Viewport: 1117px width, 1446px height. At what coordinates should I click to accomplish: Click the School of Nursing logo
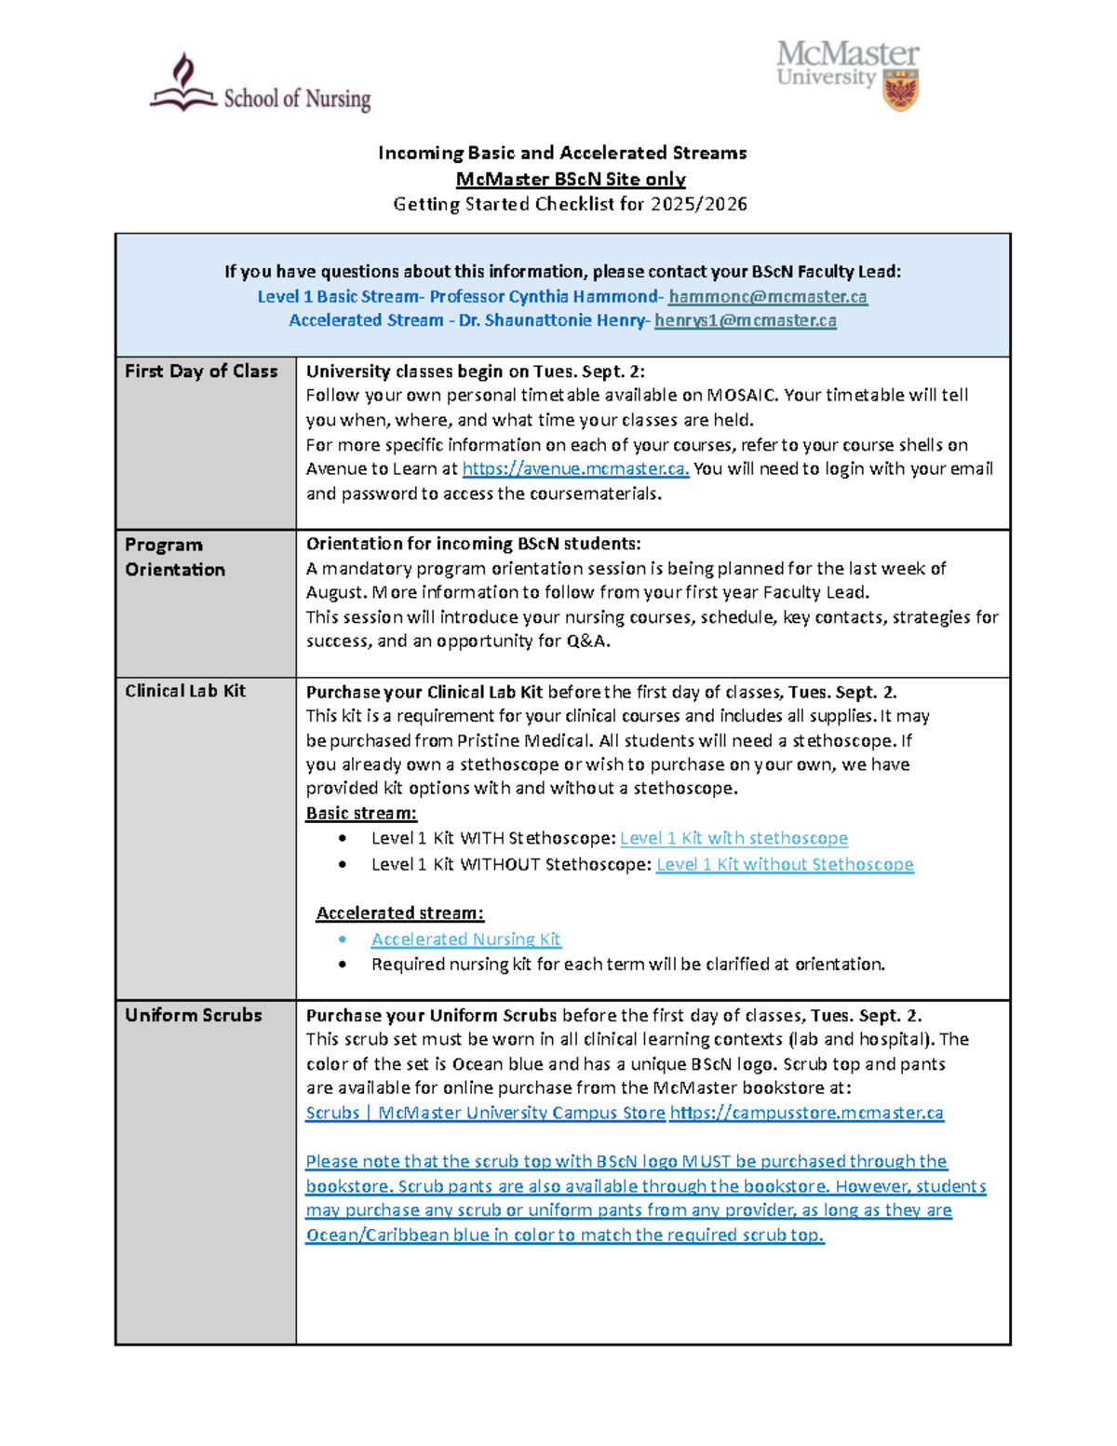click(260, 86)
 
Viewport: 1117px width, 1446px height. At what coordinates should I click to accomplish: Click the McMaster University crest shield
click(900, 90)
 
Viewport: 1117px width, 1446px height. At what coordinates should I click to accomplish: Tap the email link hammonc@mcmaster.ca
click(767, 297)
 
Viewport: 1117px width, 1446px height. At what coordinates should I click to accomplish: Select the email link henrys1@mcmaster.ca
click(745, 321)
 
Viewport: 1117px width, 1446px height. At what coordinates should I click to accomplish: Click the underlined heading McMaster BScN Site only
click(570, 180)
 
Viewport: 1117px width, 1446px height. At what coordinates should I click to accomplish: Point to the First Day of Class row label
click(201, 372)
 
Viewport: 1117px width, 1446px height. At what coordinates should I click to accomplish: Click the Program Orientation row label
click(175, 557)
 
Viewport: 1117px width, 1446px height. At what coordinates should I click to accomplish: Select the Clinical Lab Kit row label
click(185, 691)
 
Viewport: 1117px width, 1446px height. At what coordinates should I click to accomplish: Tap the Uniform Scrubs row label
click(194, 1015)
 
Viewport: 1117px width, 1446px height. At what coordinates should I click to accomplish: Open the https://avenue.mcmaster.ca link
click(575, 469)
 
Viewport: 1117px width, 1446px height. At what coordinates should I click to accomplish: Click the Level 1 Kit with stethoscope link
click(733, 838)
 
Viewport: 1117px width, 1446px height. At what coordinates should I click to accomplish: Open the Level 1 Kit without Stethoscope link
click(785, 865)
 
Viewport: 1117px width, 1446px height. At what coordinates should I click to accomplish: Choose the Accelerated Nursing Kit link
click(465, 939)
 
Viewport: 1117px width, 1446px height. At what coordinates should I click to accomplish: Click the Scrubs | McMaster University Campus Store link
click(485, 1113)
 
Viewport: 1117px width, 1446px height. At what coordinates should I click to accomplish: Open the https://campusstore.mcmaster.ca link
click(806, 1113)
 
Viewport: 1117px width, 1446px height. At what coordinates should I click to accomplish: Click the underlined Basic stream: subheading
click(361, 813)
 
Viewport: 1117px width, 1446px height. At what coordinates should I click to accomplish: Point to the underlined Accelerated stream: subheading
click(399, 913)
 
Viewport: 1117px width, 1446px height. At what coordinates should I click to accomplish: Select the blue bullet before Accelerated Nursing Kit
click(343, 939)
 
